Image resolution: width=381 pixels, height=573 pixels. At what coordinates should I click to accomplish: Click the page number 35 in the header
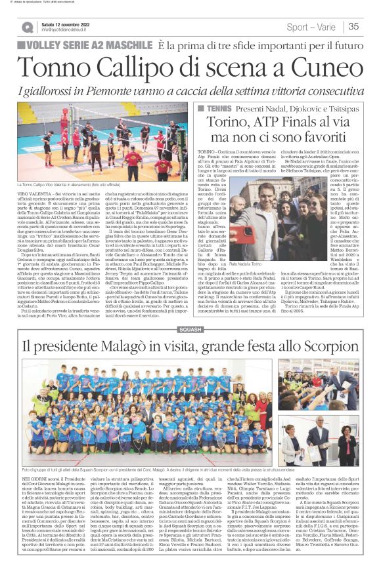[x=353, y=27]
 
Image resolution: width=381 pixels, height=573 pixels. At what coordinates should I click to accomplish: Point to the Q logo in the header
[x=27, y=27]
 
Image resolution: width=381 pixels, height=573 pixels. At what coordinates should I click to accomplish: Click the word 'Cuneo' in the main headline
[x=326, y=66]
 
